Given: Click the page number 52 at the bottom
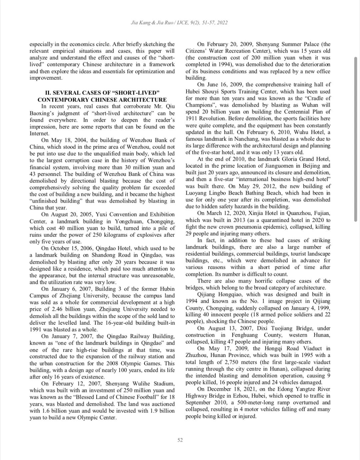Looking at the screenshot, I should [x=180, y=440].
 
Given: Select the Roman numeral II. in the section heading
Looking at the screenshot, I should [x=48, y=93].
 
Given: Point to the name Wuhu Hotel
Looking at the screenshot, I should [x=310, y=132].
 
